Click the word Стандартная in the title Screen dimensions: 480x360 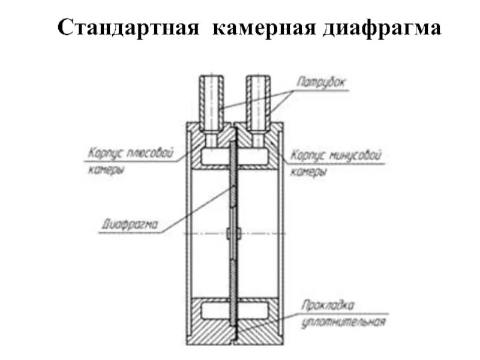pyautogui.click(x=128, y=28)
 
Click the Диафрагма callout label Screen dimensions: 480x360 pyautogui.click(x=130, y=225)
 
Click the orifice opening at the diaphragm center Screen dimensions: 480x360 pyautogui.click(x=233, y=233)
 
